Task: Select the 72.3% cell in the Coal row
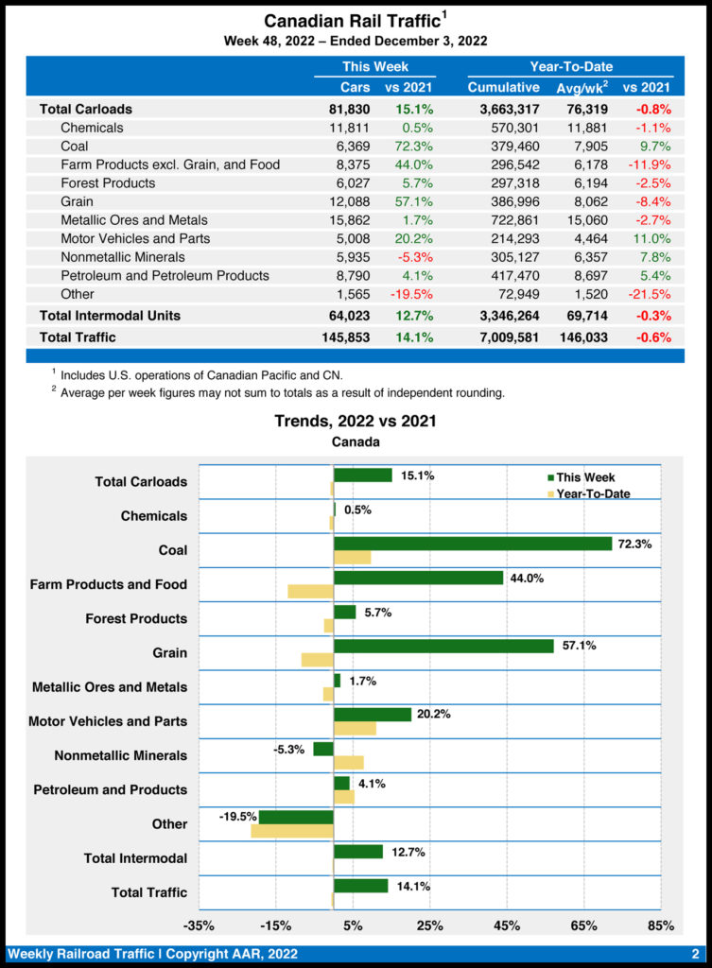[414, 147]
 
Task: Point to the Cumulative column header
[503, 88]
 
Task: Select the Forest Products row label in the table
[108, 183]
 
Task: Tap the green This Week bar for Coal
[473, 544]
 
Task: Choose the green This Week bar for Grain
[443, 646]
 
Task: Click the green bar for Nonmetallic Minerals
[323, 749]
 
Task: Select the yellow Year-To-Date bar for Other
[292, 831]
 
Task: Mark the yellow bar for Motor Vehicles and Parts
[355, 728]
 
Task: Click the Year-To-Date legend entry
[593, 493]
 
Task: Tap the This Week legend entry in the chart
[585, 477]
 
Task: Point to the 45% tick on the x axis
[507, 925]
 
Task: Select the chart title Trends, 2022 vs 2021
[356, 421]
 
